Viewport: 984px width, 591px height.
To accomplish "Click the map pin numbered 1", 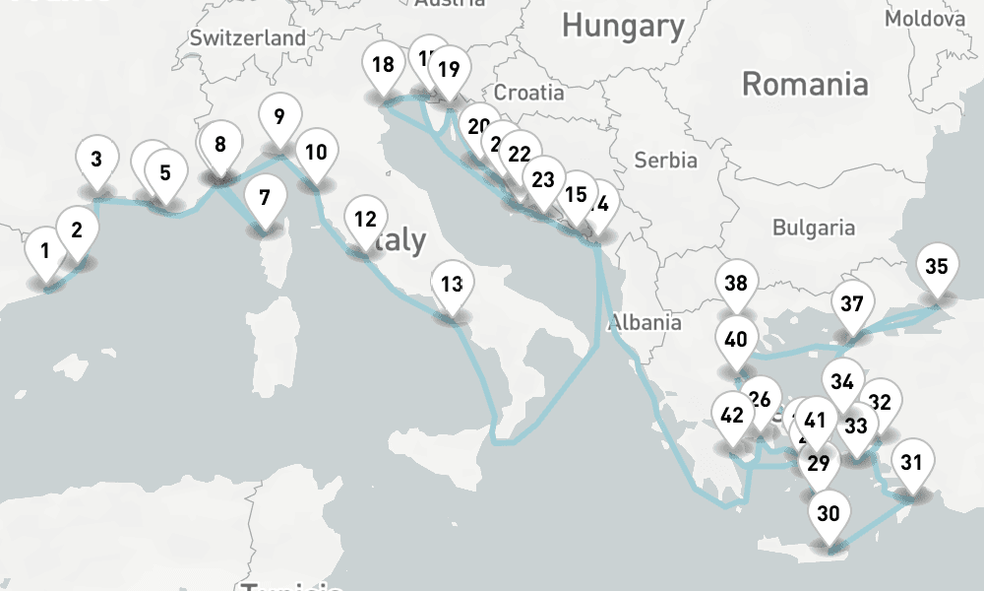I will tap(45, 250).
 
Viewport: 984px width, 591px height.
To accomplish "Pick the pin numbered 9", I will tap(279, 117).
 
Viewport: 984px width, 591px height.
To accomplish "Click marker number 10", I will tap(316, 153).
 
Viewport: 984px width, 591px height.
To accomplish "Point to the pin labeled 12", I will tap(365, 220).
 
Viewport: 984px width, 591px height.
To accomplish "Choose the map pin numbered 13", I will tap(452, 286).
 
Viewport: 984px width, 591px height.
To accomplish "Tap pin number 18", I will tap(383, 66).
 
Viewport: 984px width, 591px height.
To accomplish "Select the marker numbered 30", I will tap(829, 513).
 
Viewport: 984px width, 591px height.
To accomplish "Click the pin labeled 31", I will tap(912, 462).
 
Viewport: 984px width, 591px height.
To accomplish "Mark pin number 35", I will tap(937, 267).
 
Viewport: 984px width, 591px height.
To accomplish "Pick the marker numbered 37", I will tap(852, 304).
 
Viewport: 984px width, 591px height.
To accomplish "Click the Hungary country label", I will tap(623, 26).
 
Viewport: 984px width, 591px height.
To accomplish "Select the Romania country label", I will tap(805, 84).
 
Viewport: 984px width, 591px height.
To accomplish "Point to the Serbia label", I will tap(665, 159).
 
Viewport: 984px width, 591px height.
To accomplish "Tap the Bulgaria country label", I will tap(813, 228).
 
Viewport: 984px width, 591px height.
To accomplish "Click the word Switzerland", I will tap(248, 38).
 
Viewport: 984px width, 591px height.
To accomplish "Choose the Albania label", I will tap(646, 321).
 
